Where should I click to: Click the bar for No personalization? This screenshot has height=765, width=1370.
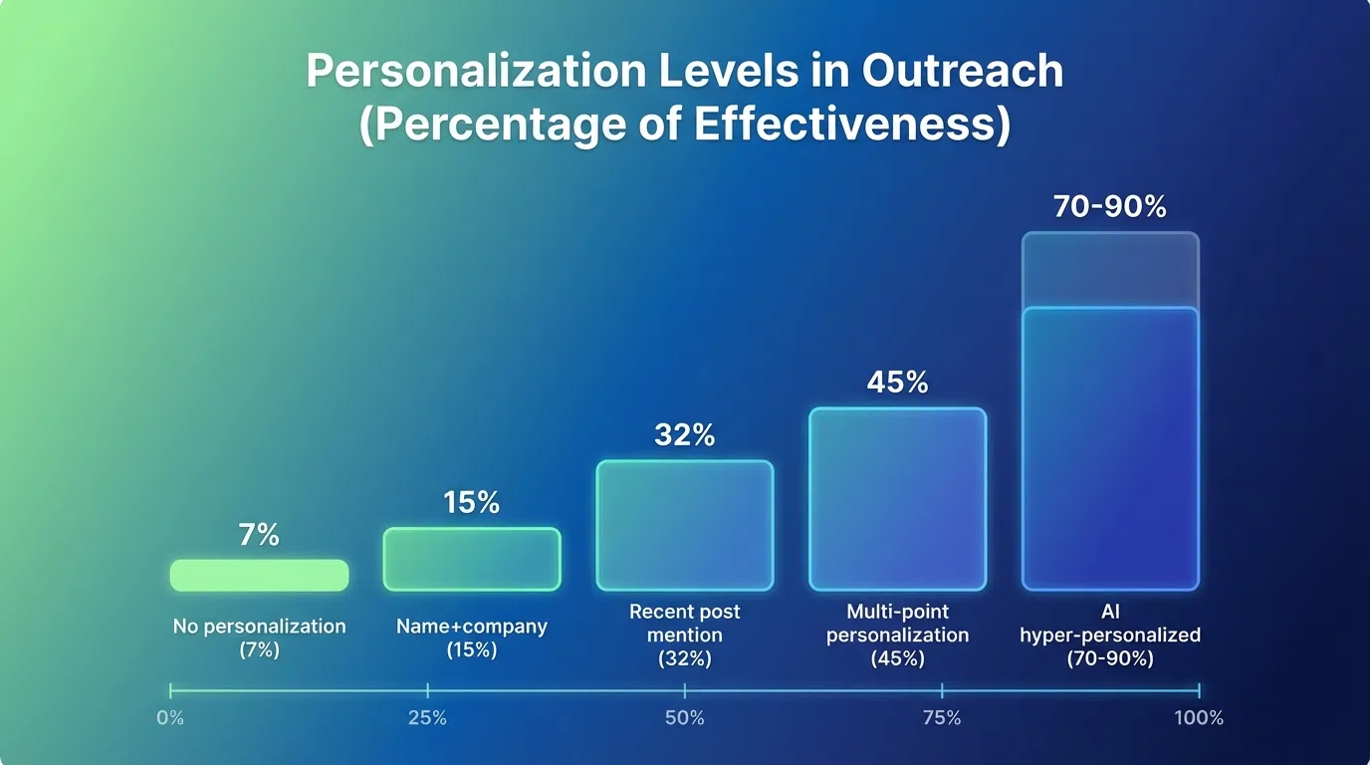(259, 575)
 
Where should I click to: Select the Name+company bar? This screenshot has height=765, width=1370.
(472, 559)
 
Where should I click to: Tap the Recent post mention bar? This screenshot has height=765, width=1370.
(685, 525)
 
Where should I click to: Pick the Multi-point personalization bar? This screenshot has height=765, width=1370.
(897, 498)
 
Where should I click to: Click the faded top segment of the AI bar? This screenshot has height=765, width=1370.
(1110, 270)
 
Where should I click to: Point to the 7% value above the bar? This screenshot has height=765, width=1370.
(259, 535)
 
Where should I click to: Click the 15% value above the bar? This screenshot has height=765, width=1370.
(472, 503)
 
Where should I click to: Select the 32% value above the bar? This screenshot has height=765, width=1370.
(685, 435)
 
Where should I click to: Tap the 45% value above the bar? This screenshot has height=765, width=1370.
(897, 382)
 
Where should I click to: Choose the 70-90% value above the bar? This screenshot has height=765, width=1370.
(1110, 207)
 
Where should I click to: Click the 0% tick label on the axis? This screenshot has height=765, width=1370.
(170, 718)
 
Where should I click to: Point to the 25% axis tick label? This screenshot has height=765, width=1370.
(427, 718)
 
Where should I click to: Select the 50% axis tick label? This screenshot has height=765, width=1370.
(685, 718)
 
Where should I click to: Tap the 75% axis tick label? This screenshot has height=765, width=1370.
(942, 718)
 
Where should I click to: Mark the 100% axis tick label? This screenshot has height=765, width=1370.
(1198, 718)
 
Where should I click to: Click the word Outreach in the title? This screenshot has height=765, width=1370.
(963, 72)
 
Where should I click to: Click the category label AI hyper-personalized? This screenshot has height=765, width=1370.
(1110, 635)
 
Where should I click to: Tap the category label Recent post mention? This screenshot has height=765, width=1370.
(685, 635)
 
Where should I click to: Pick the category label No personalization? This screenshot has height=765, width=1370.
(259, 628)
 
